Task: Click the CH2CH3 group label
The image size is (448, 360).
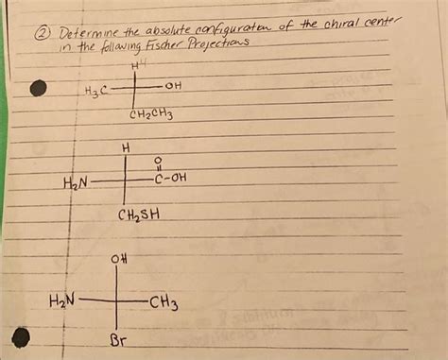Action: tap(150, 117)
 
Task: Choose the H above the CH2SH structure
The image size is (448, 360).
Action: tap(127, 149)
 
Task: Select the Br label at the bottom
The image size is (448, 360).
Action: tap(119, 339)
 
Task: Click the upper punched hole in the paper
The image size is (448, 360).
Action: tap(38, 89)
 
